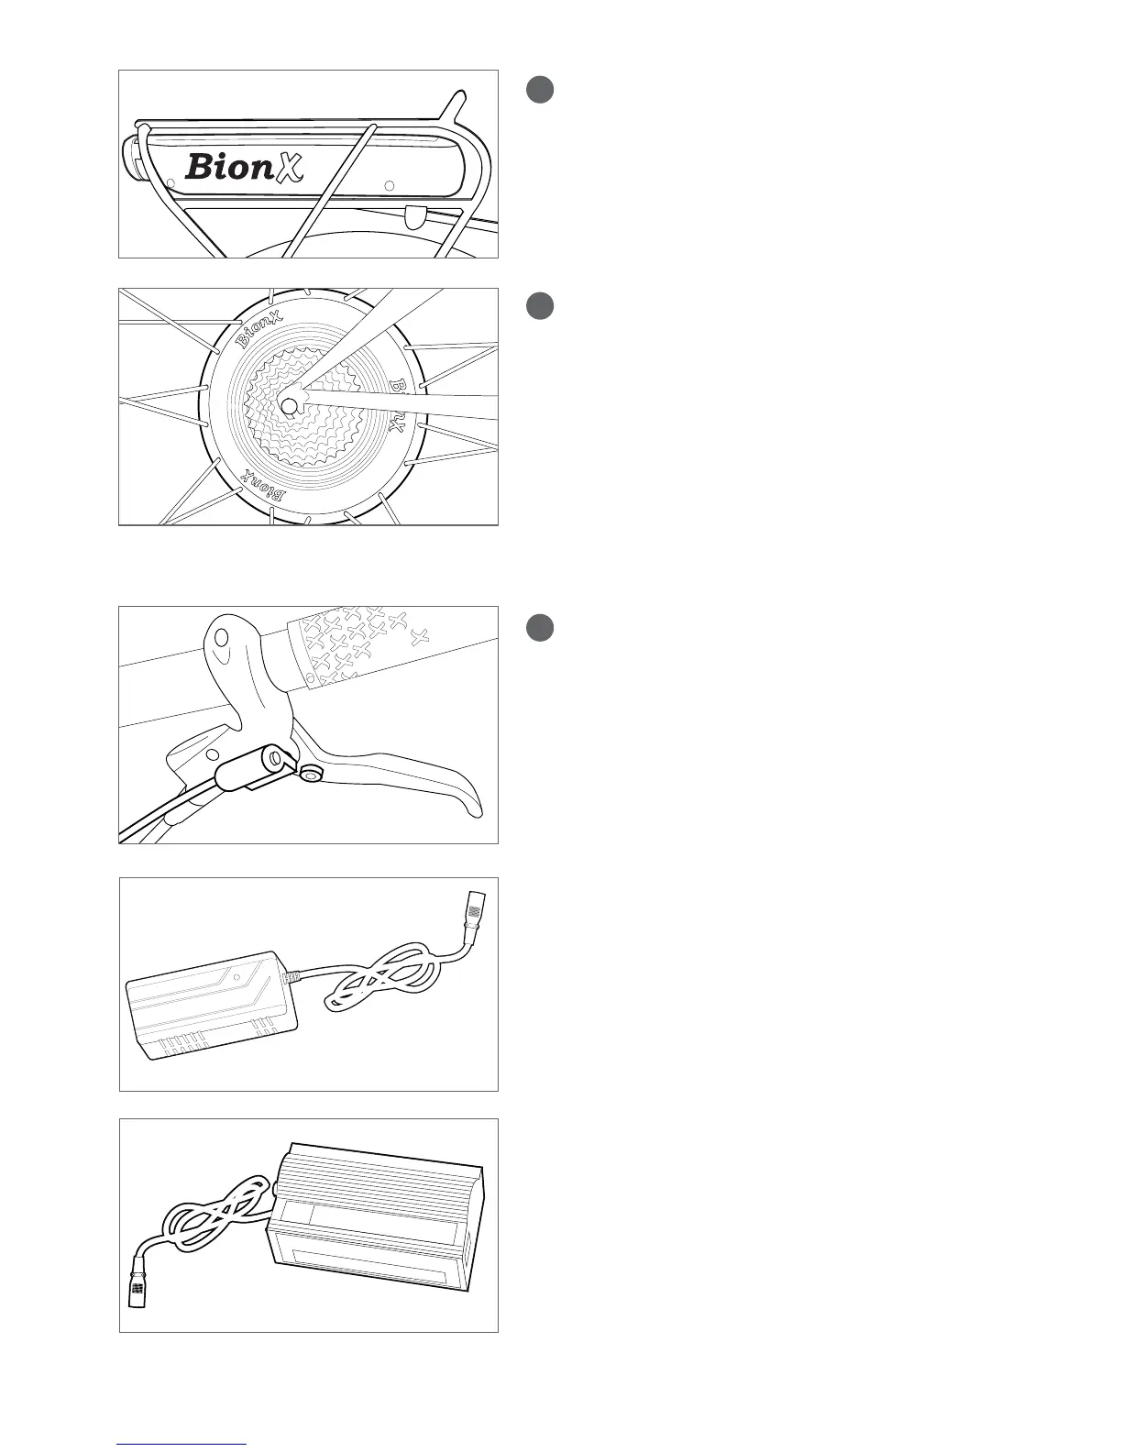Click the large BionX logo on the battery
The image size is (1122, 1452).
pos(244,166)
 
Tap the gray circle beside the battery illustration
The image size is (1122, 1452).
pos(540,89)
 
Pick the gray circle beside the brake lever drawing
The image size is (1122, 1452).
pos(540,628)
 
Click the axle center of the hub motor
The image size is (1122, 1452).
pos(289,404)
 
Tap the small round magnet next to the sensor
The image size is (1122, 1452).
pos(312,775)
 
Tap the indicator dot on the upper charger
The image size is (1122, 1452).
pos(236,978)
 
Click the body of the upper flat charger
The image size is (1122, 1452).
pos(211,1008)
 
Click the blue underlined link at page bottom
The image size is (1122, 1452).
pos(181,1444)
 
